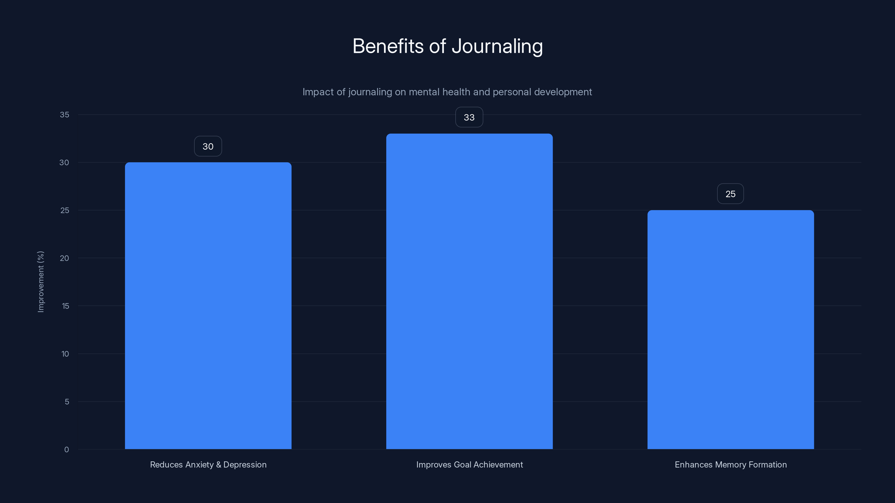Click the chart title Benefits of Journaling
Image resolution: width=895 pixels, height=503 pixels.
click(x=447, y=46)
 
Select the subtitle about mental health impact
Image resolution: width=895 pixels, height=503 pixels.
click(x=447, y=92)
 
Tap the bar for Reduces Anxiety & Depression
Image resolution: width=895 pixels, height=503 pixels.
click(x=208, y=305)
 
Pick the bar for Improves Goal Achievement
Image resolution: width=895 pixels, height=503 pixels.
click(x=469, y=291)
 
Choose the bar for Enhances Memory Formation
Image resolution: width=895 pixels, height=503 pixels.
click(x=730, y=330)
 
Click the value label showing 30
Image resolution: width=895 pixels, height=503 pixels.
click(x=208, y=146)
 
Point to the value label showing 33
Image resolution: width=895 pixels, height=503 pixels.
click(x=469, y=117)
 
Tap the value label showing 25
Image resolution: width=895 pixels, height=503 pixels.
click(x=730, y=194)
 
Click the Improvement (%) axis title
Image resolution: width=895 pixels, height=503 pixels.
click(x=41, y=281)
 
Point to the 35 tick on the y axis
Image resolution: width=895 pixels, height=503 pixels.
click(x=64, y=115)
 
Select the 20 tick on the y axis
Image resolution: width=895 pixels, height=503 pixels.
click(x=64, y=258)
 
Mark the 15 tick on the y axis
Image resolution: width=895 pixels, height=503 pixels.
click(x=65, y=306)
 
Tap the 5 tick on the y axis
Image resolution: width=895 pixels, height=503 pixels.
click(x=67, y=402)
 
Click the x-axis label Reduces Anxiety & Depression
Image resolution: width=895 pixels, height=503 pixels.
click(x=208, y=464)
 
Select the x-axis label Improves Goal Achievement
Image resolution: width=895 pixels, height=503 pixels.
click(x=469, y=464)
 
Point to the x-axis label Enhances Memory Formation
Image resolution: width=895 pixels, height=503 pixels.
click(x=730, y=464)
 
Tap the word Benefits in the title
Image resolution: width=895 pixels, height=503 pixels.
click(x=388, y=46)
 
